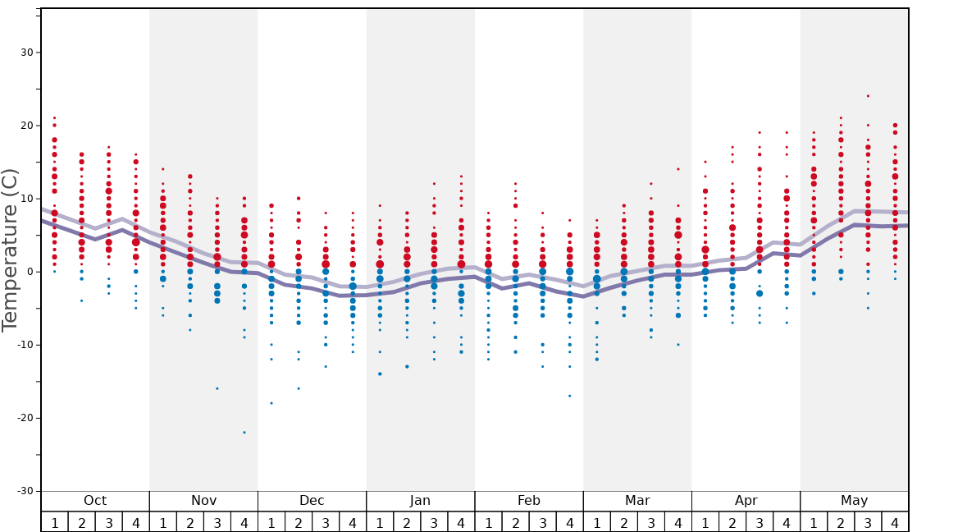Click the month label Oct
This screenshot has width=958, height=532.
click(x=95, y=501)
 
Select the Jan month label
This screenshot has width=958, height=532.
click(x=420, y=501)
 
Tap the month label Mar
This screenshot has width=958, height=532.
click(x=637, y=501)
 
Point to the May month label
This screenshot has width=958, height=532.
click(x=854, y=501)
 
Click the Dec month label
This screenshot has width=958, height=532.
click(x=312, y=501)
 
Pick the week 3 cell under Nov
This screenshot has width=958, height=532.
click(x=217, y=522)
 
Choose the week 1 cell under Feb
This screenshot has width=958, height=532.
click(x=488, y=522)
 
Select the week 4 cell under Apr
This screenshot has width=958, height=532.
click(x=787, y=522)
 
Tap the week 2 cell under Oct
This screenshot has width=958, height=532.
click(x=81, y=522)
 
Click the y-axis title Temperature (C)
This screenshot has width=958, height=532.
click(x=10, y=250)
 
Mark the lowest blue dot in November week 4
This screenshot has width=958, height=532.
click(x=244, y=433)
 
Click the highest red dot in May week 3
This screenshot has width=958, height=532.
click(x=868, y=96)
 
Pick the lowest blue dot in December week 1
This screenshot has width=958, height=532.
click(x=271, y=403)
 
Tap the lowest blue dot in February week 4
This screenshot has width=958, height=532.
click(x=569, y=396)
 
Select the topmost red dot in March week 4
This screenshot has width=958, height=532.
click(x=678, y=169)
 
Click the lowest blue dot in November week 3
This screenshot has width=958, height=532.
click(x=217, y=388)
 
